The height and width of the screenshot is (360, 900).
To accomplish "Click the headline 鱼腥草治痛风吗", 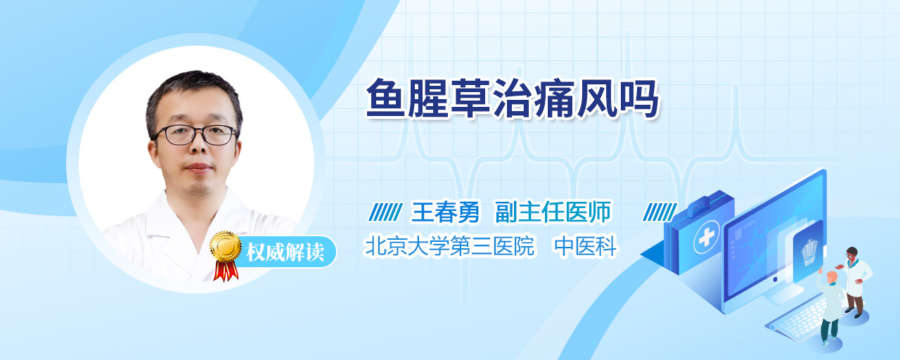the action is point(513,98).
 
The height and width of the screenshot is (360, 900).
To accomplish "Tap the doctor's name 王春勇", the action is point(446,212).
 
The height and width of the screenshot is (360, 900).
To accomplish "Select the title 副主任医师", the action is point(553,212).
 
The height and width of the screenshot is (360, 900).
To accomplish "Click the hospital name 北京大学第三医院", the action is point(449,246).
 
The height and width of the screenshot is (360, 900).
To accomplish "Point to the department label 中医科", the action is point(586,246).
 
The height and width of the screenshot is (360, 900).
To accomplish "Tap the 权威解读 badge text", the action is point(285,252).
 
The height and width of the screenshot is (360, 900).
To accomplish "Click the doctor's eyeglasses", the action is point(195,134).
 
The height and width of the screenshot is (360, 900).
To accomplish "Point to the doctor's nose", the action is point(198,147).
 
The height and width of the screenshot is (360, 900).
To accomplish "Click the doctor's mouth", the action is point(198,167).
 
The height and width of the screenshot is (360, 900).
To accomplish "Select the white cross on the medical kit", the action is point(707,237).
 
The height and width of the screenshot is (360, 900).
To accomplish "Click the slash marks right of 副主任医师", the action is point(660,212).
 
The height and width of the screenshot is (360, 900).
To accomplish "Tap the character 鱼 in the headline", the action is point(385,98).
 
